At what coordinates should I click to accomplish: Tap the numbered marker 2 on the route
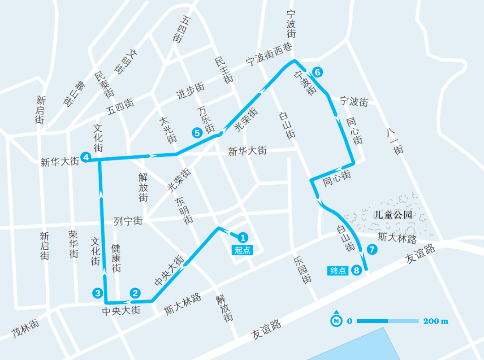135,293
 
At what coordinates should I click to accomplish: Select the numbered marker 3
97,293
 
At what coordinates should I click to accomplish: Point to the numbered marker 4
86,157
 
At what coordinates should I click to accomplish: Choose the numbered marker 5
197,132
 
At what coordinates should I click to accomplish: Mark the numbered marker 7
372,250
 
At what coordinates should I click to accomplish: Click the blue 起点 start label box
242,250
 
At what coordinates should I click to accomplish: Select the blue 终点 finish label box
338,270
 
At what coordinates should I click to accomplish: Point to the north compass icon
336,320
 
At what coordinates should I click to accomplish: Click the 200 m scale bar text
435,321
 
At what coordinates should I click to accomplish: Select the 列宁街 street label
128,221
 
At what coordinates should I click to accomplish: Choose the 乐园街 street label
302,269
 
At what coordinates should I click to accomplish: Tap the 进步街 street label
190,91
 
